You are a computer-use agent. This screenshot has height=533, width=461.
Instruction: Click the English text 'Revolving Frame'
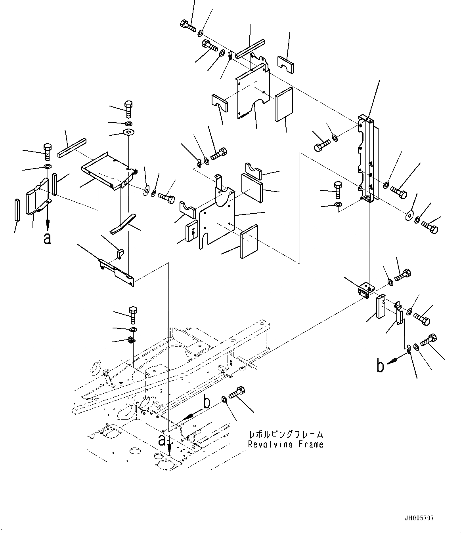285,444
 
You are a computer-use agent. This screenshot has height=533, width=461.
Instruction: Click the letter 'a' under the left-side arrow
48,238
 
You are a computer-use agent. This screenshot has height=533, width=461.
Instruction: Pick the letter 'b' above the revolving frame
206,402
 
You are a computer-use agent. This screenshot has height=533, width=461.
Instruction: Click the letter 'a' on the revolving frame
162,439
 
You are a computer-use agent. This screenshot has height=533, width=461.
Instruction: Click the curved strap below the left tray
122,225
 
